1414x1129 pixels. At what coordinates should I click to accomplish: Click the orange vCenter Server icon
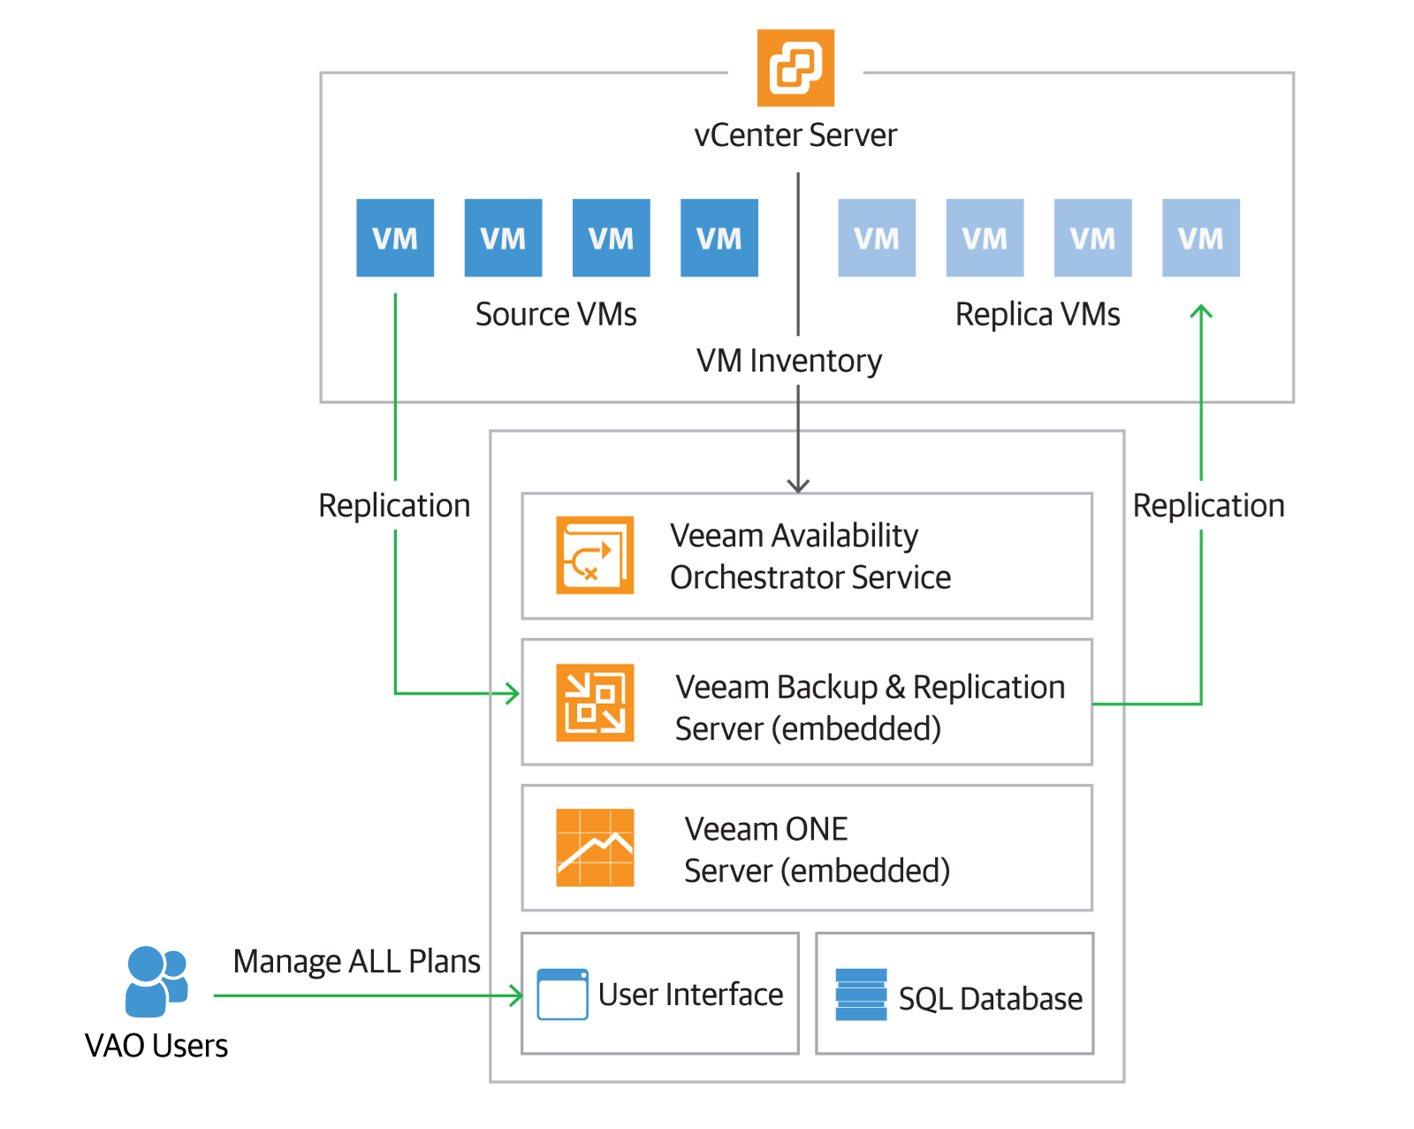coord(795,68)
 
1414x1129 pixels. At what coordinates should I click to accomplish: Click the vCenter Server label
coord(795,135)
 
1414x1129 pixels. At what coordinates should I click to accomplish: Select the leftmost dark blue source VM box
coord(395,238)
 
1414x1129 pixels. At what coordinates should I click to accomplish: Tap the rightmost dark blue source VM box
coord(718,238)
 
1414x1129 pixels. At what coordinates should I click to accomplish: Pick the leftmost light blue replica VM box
coord(877,238)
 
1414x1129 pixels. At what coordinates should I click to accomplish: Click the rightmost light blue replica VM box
coord(1200,238)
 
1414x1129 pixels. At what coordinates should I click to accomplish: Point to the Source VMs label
coord(556,315)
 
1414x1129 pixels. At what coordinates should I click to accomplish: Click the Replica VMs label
coord(1038,315)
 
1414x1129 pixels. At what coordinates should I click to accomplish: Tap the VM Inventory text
coord(788,361)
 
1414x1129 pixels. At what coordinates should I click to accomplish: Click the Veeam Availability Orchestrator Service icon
coord(595,555)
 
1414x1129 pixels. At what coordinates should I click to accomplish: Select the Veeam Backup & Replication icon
coord(595,703)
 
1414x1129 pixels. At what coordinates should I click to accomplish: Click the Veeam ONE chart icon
coord(595,848)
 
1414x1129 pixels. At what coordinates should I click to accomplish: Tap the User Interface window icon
coord(563,995)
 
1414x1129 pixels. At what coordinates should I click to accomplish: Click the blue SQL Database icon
coord(861,995)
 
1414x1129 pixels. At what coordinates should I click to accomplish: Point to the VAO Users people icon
coord(156,981)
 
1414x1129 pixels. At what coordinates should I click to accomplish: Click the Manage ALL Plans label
coord(356,961)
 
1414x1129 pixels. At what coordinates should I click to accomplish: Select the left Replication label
coord(394,506)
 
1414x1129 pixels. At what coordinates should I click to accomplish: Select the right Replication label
coord(1208,506)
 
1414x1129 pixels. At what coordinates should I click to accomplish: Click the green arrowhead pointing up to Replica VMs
coord(1201,311)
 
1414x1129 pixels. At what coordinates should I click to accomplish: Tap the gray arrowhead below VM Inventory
coord(798,485)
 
